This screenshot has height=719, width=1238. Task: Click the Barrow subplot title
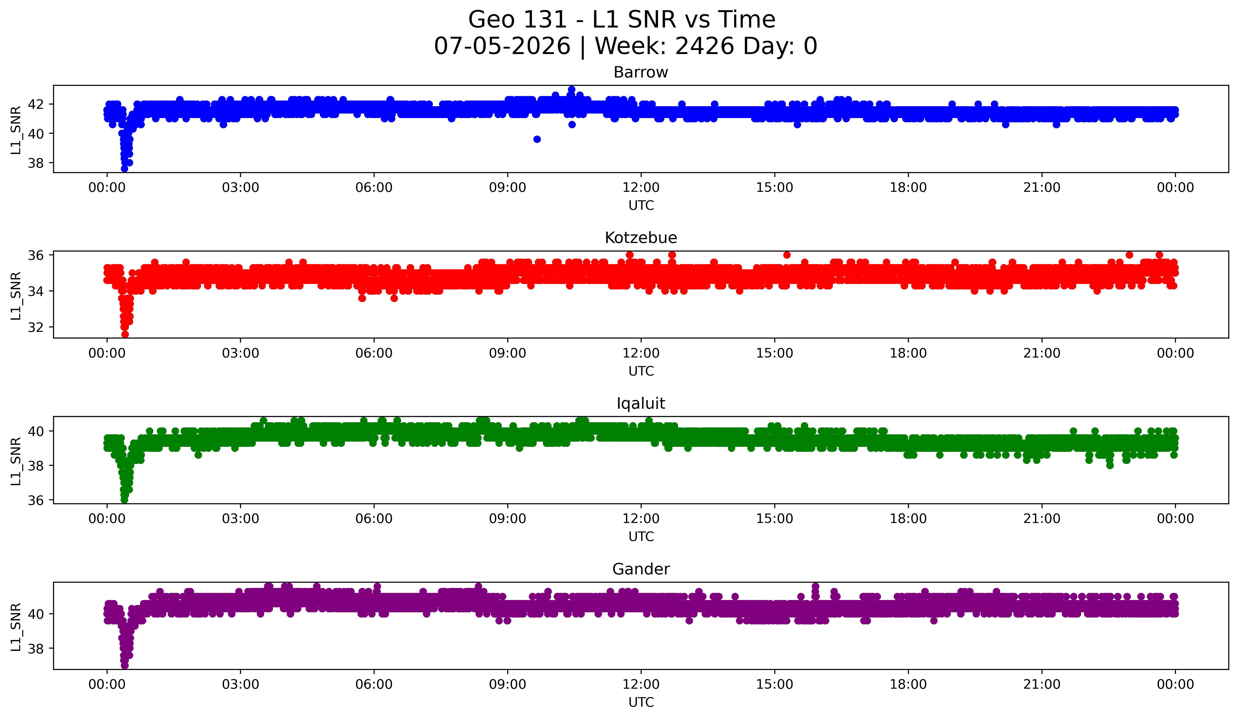[641, 72]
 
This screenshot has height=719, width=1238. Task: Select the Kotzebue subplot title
[641, 238]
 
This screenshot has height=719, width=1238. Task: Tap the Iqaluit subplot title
[641, 403]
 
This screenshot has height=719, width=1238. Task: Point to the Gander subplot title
[641, 569]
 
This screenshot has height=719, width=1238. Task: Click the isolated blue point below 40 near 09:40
[537, 139]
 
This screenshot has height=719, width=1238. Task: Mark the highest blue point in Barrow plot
[571, 89]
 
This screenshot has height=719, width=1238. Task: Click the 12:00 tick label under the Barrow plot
[641, 187]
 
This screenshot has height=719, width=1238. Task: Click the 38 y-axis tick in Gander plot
[35, 649]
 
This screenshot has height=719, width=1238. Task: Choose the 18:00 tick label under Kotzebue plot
[908, 353]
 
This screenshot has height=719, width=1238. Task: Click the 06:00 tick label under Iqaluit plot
[374, 518]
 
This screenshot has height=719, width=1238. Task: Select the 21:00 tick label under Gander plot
[1042, 684]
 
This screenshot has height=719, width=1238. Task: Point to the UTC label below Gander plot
[641, 702]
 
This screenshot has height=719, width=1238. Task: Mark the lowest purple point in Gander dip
[125, 665]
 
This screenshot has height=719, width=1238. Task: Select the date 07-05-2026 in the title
[502, 46]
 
